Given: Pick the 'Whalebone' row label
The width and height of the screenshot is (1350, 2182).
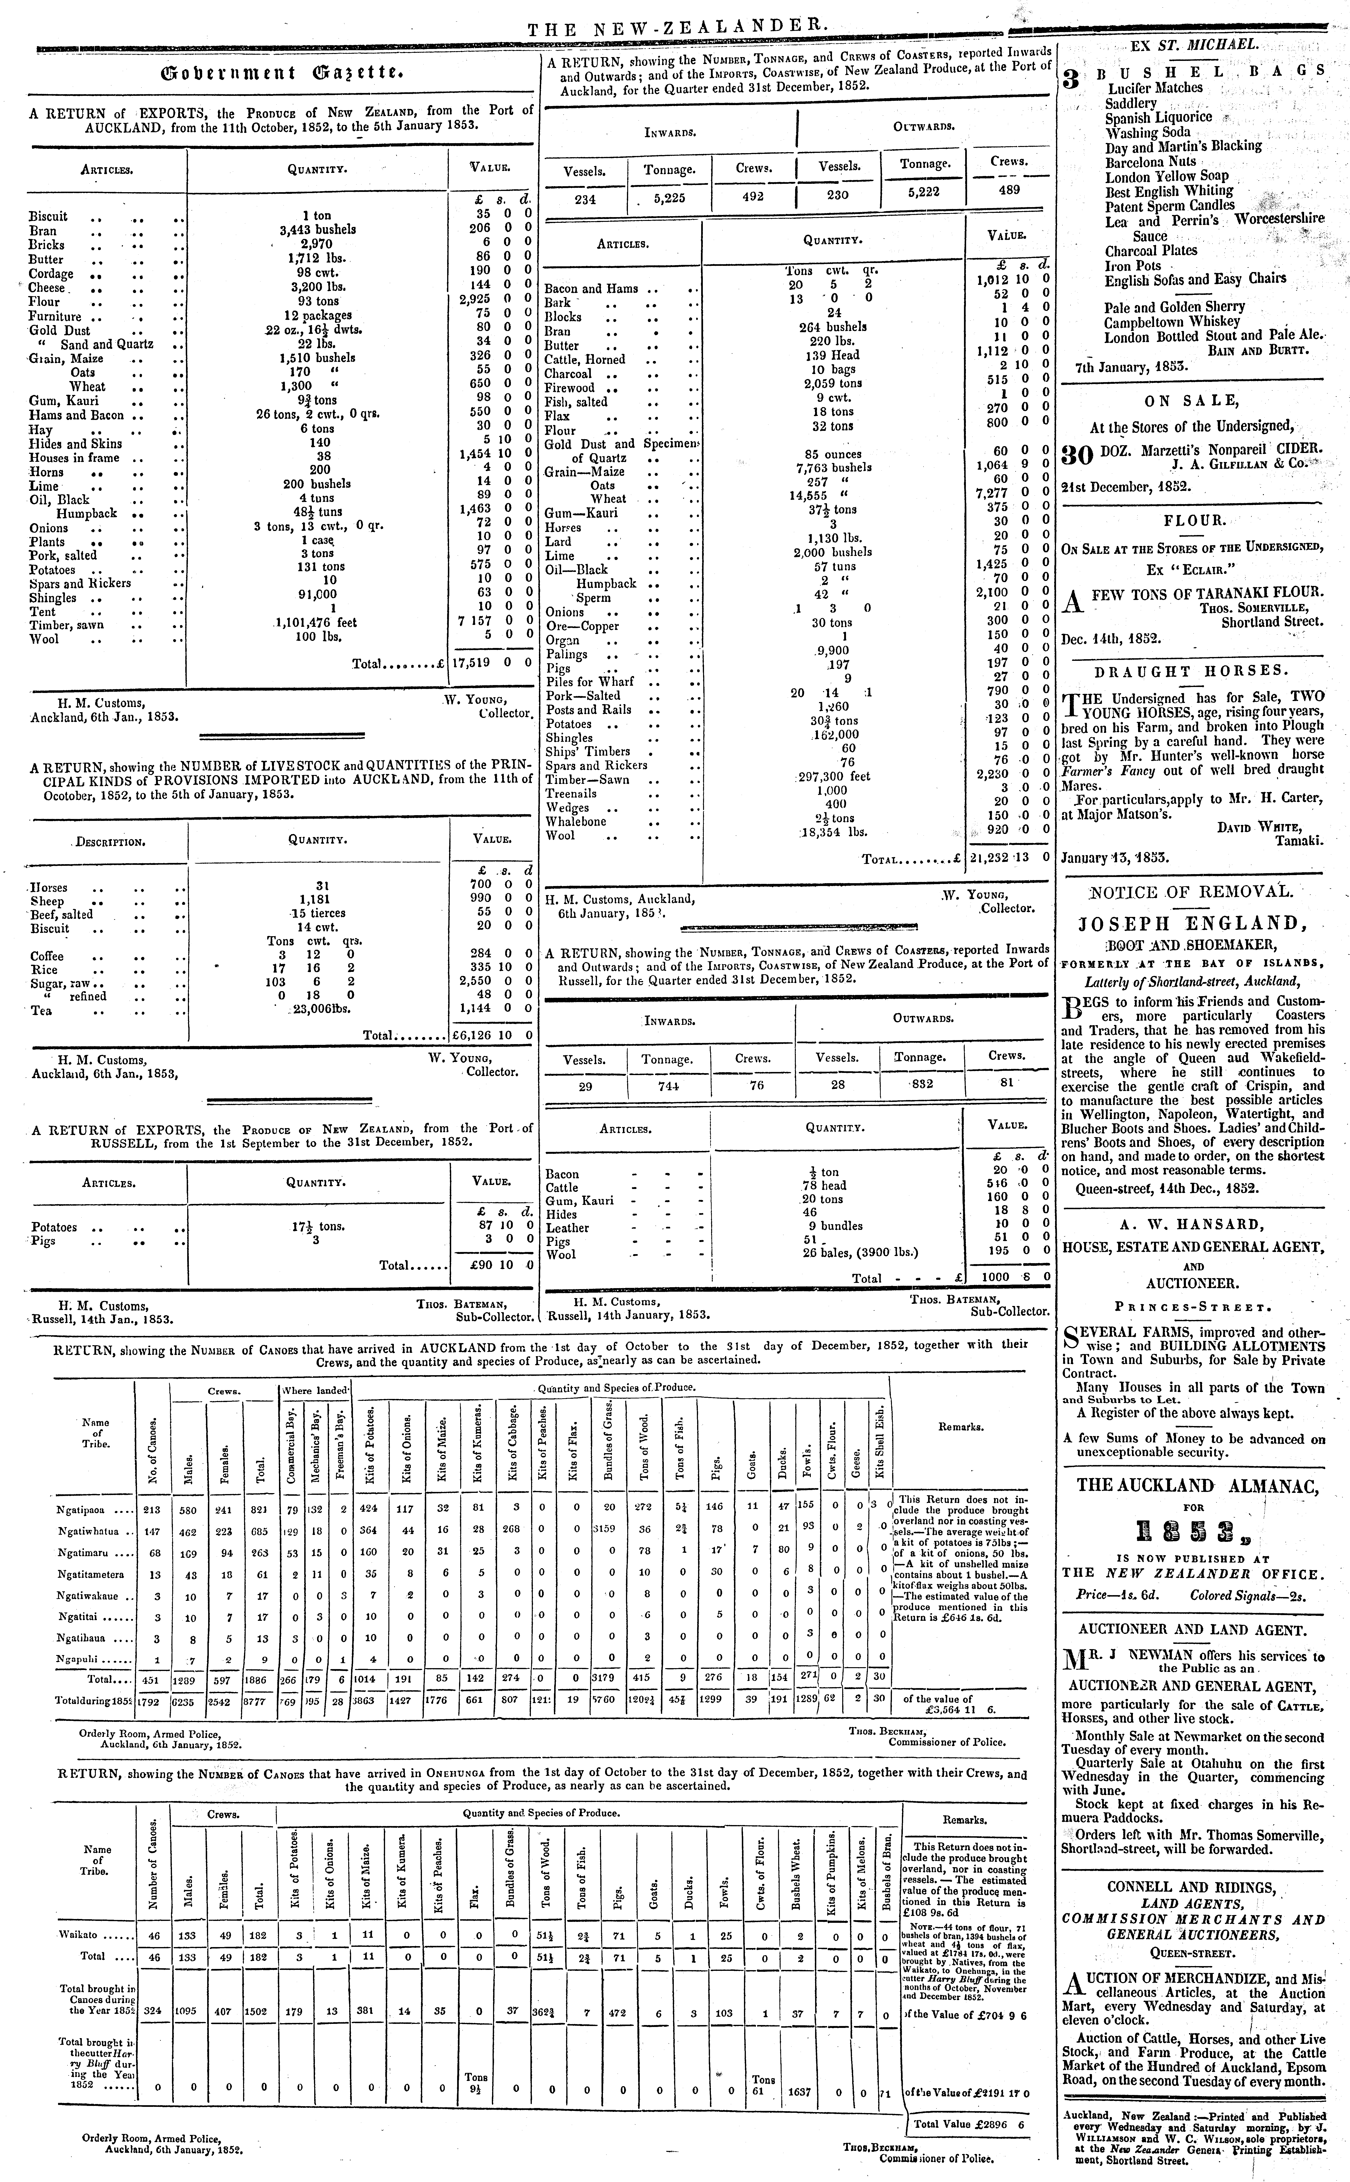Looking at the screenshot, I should click(576, 821).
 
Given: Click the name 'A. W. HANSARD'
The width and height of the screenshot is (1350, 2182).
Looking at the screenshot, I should click(1192, 1223).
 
